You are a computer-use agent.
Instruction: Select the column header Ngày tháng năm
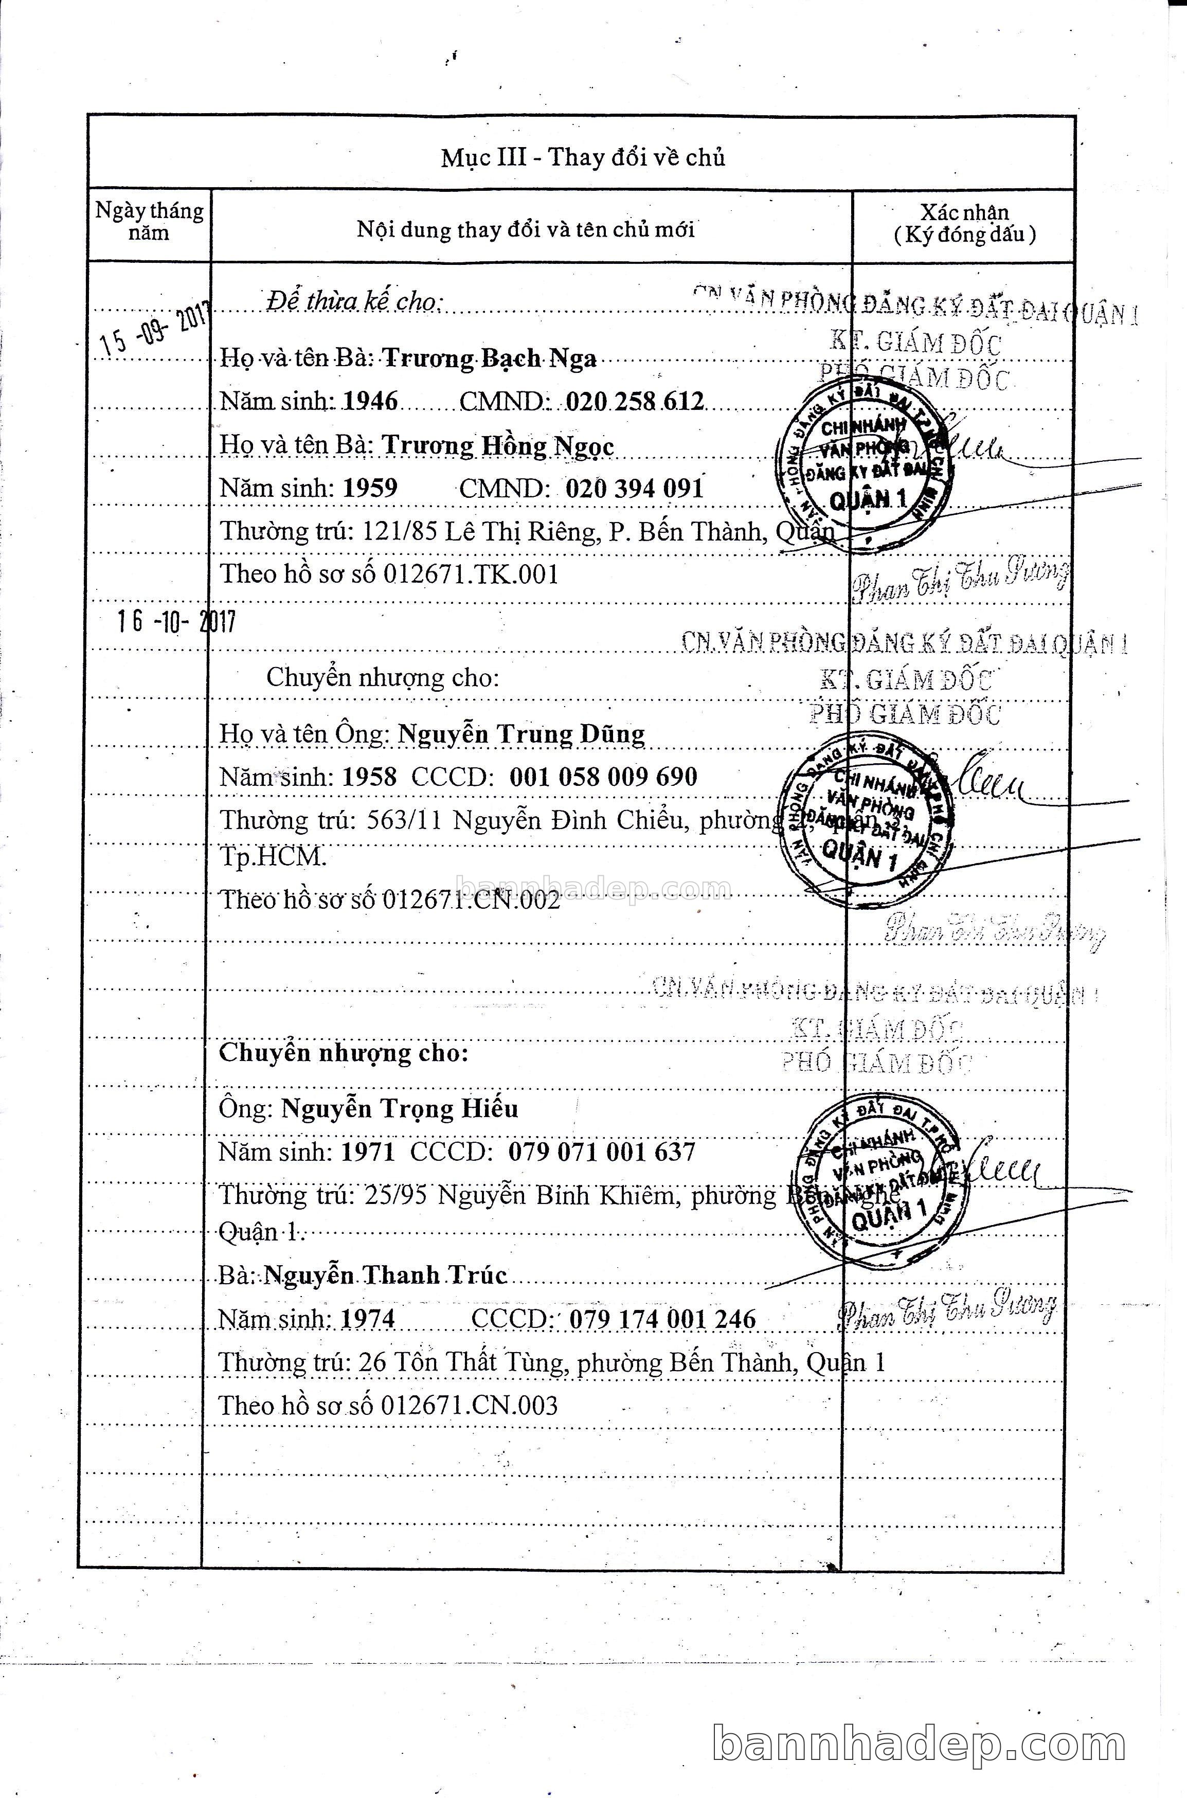click(x=149, y=222)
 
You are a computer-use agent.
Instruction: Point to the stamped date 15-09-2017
click(x=155, y=330)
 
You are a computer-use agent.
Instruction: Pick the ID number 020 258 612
click(x=634, y=401)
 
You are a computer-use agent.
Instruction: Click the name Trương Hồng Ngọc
click(x=497, y=445)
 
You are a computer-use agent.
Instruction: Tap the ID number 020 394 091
click(x=634, y=488)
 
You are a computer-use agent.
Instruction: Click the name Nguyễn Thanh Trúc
click(x=385, y=1275)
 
